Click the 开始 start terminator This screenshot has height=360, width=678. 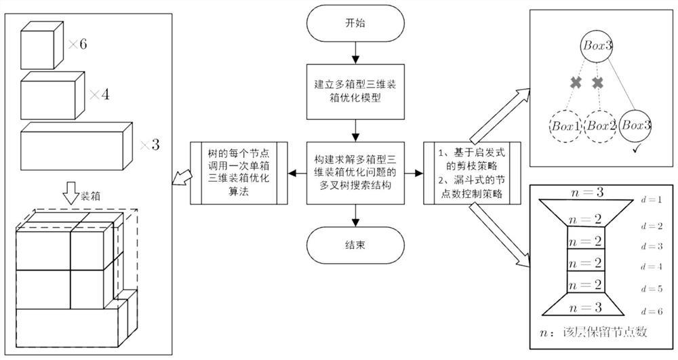(354, 22)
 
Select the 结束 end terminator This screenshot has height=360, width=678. (354, 244)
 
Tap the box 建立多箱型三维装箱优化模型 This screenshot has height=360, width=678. (354, 89)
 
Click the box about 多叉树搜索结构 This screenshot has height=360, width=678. (354, 173)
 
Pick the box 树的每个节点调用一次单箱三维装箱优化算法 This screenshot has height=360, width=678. (238, 173)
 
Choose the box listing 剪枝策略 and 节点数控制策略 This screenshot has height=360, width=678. (471, 173)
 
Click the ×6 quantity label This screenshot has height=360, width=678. (78, 45)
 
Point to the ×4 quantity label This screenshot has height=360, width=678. (101, 94)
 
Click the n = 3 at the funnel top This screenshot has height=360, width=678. (586, 193)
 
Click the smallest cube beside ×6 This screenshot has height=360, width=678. (43, 46)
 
